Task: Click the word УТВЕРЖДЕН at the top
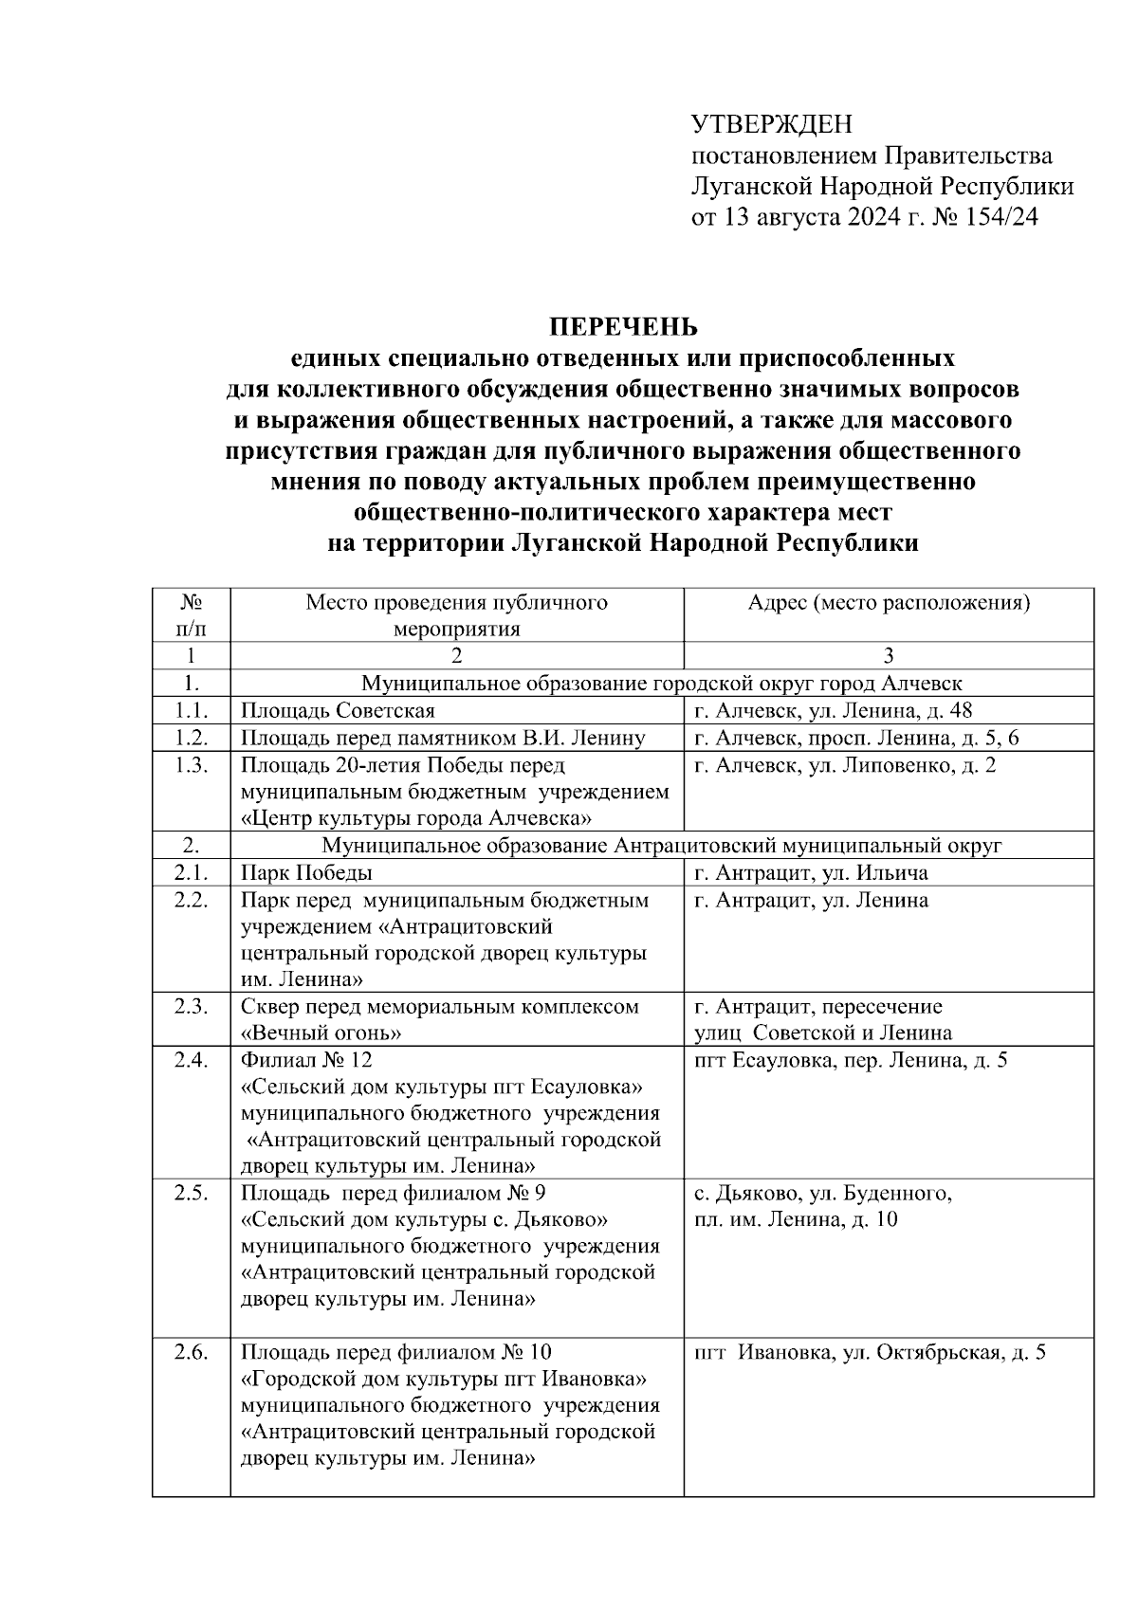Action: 772,125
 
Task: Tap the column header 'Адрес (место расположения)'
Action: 889,603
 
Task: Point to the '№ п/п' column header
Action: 191,615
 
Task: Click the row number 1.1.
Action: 191,711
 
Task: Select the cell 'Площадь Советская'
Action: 338,711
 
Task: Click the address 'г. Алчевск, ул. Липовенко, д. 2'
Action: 845,765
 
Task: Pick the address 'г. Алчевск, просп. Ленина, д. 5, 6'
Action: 856,739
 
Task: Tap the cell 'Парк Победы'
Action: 306,872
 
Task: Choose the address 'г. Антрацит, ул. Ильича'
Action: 811,872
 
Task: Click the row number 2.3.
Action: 191,1007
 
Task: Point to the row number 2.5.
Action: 191,1194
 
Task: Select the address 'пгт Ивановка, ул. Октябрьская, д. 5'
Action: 870,1353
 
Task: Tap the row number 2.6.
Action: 191,1353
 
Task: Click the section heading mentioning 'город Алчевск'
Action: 662,684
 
